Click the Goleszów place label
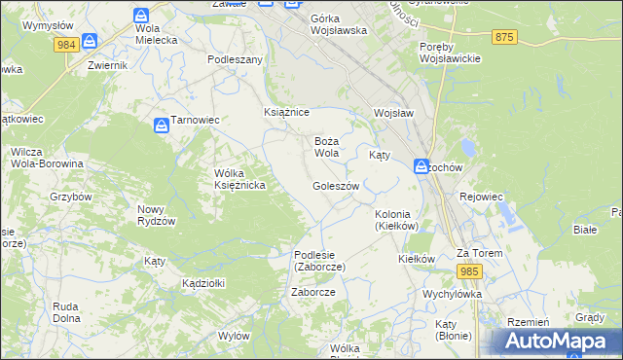(x=336, y=186)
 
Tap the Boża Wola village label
(x=326, y=147)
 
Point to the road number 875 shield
(x=503, y=36)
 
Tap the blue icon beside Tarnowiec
(x=161, y=125)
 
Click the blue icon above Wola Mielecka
(x=141, y=16)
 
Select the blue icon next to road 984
(x=91, y=41)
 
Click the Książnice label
(x=286, y=113)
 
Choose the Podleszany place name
(x=236, y=59)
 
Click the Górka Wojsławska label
(x=338, y=24)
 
